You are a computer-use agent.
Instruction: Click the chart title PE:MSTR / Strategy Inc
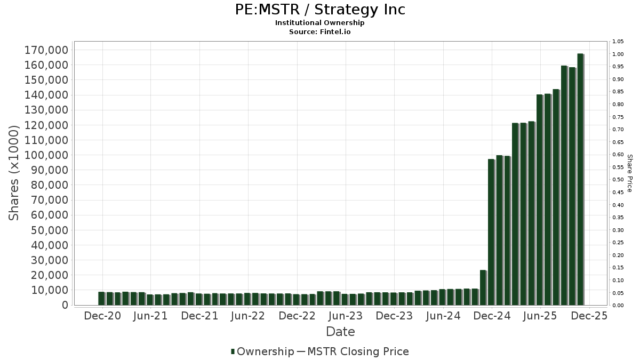pos(320,10)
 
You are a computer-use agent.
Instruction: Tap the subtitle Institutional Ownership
pos(320,23)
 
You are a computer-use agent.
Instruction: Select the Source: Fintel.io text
pos(320,31)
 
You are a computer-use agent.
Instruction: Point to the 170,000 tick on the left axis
pos(46,50)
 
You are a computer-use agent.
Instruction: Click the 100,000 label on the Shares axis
pos(46,155)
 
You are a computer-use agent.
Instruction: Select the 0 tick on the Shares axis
pos(65,306)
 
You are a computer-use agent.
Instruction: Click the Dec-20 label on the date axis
pos(102,316)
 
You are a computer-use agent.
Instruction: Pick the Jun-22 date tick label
pos(248,316)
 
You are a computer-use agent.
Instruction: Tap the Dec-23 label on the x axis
pos(394,316)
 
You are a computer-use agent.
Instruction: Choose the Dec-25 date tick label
pos(589,316)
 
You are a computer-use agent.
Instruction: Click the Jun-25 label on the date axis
pos(540,316)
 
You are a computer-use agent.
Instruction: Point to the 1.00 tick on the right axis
pos(618,54)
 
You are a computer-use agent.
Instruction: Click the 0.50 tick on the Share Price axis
pos(618,180)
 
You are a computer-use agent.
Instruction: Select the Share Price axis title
pos(629,173)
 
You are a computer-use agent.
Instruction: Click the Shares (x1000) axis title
pos(14,173)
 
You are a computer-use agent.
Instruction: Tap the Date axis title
pos(340,332)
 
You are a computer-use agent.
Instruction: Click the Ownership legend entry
pos(262,351)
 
